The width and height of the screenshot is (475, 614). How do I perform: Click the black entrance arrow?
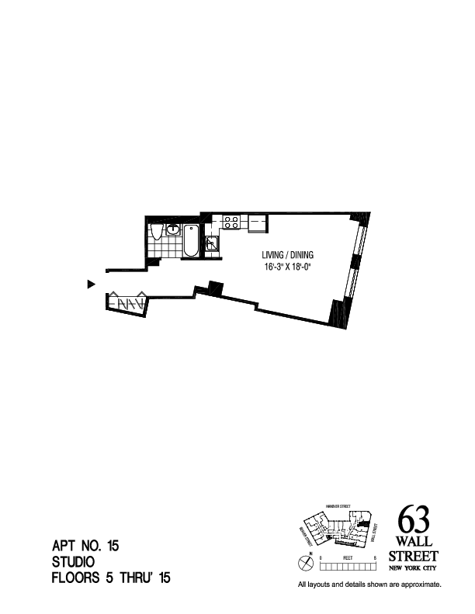pos(91,285)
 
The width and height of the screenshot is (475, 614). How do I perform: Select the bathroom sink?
pos(173,229)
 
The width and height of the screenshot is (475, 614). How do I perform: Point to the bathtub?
pos(190,241)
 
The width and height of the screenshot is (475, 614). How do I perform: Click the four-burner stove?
pos(231,222)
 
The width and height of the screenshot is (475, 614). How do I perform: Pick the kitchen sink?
pos(212,243)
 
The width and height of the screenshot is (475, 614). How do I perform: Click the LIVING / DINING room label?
pos(287,255)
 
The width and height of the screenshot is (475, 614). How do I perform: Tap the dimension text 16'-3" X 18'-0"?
pos(288,267)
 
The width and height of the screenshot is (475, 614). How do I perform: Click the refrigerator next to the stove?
pos(257,223)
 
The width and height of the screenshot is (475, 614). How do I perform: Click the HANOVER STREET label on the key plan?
pos(338,506)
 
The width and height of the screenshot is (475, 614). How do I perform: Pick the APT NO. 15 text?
pos(85,547)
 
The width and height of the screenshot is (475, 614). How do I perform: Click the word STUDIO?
pos(73,562)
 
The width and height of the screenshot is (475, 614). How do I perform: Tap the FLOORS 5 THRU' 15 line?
pos(110,578)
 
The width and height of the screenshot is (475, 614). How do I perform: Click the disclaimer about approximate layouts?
pos(369,585)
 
